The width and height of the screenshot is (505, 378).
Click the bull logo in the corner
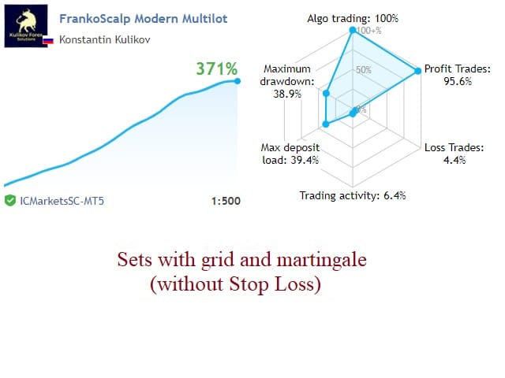pos(26,26)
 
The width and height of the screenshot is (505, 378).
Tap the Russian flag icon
pos(48,40)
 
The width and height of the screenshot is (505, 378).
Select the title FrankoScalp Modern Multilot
pos(144,19)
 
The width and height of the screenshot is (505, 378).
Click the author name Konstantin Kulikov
pos(105,39)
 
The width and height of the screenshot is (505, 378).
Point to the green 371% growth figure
pos(217,69)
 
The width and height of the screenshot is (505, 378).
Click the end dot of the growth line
pos(238,81)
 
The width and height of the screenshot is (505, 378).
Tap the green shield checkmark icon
pos(10,201)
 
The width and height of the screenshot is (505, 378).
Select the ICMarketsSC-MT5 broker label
pos(62,201)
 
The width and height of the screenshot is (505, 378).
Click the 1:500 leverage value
pos(226,202)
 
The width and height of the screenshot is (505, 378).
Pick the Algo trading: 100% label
pos(353,19)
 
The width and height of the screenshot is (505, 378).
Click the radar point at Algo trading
pos(353,30)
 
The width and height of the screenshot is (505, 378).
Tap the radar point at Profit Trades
pos(417,71)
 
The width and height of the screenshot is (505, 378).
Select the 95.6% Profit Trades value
pos(458,81)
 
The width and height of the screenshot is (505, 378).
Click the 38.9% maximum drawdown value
pos(287,94)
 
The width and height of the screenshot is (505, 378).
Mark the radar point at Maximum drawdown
pos(326,93)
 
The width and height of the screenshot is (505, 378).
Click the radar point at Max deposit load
pos(326,124)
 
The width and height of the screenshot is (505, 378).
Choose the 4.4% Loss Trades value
pos(454,160)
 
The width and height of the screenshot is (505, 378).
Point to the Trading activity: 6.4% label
pos(353,195)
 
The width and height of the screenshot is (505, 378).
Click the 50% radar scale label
pos(364,70)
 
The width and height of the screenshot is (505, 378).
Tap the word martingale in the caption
pos(322,261)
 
